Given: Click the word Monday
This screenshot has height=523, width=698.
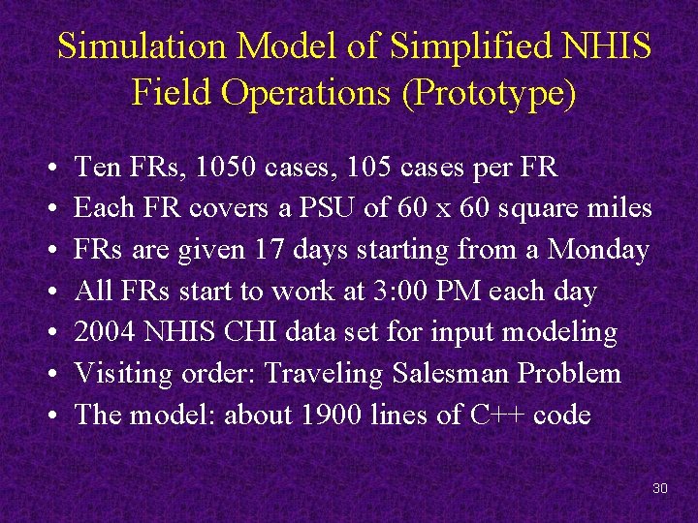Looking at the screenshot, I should point(597,250).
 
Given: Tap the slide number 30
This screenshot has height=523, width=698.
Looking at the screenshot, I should point(660,488).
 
